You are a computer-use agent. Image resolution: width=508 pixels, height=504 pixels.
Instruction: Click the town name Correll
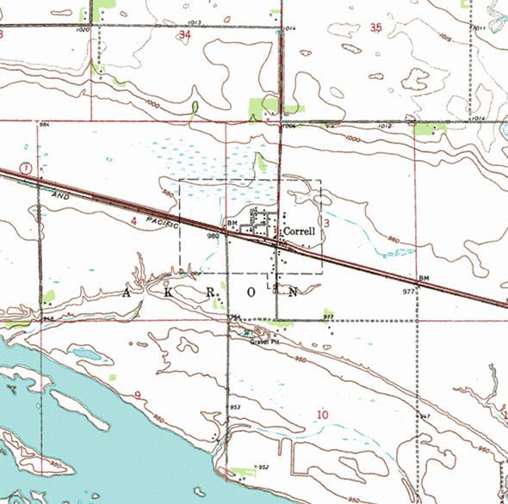point(300,230)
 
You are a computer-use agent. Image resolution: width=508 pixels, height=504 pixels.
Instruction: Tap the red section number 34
point(184,34)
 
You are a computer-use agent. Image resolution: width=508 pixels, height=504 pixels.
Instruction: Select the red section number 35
point(375,28)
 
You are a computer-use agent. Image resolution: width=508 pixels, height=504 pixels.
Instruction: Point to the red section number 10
point(322,415)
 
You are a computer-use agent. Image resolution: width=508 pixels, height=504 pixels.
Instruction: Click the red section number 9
point(137,395)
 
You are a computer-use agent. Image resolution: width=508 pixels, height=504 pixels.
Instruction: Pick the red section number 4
point(133,221)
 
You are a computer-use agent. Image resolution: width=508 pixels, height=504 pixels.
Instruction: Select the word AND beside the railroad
point(59,197)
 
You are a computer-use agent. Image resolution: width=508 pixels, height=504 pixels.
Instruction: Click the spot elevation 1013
point(192,22)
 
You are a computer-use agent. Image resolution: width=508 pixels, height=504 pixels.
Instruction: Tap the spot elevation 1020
point(83,30)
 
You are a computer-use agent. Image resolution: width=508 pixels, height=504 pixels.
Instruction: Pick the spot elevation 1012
point(384,126)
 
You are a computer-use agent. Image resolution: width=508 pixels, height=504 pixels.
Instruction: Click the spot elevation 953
point(234,407)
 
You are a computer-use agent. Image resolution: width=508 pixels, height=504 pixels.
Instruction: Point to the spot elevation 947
point(424,416)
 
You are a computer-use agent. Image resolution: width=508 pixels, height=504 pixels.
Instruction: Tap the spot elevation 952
point(264,467)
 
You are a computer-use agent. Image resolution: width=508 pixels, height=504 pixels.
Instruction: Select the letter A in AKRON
point(127,293)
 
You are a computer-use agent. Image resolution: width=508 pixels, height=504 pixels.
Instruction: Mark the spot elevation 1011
point(479,29)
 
